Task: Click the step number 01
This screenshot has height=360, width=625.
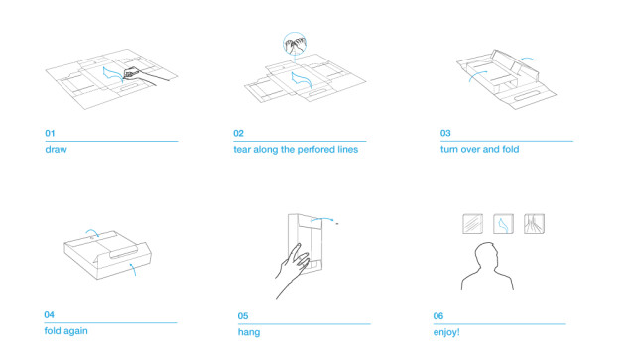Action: point(50,133)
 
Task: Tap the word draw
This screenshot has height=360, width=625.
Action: point(56,149)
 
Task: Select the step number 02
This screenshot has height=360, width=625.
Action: point(238,133)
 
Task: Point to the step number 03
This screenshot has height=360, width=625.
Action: point(445,133)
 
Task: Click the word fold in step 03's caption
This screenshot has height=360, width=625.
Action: point(511,149)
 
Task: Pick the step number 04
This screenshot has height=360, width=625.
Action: point(49,315)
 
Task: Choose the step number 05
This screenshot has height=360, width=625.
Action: point(243,316)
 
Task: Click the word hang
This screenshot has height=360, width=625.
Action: point(249,332)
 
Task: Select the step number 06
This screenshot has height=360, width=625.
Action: point(438,316)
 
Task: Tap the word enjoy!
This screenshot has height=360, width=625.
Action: point(446,332)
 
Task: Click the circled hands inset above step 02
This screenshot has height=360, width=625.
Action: point(295,44)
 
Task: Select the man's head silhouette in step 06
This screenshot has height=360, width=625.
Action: point(486,257)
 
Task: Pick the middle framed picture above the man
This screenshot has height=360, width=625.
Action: point(503,224)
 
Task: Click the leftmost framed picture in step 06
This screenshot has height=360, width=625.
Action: point(473,224)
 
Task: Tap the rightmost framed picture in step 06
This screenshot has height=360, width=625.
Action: point(534,224)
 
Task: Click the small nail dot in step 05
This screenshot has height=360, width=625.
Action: point(337,224)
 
